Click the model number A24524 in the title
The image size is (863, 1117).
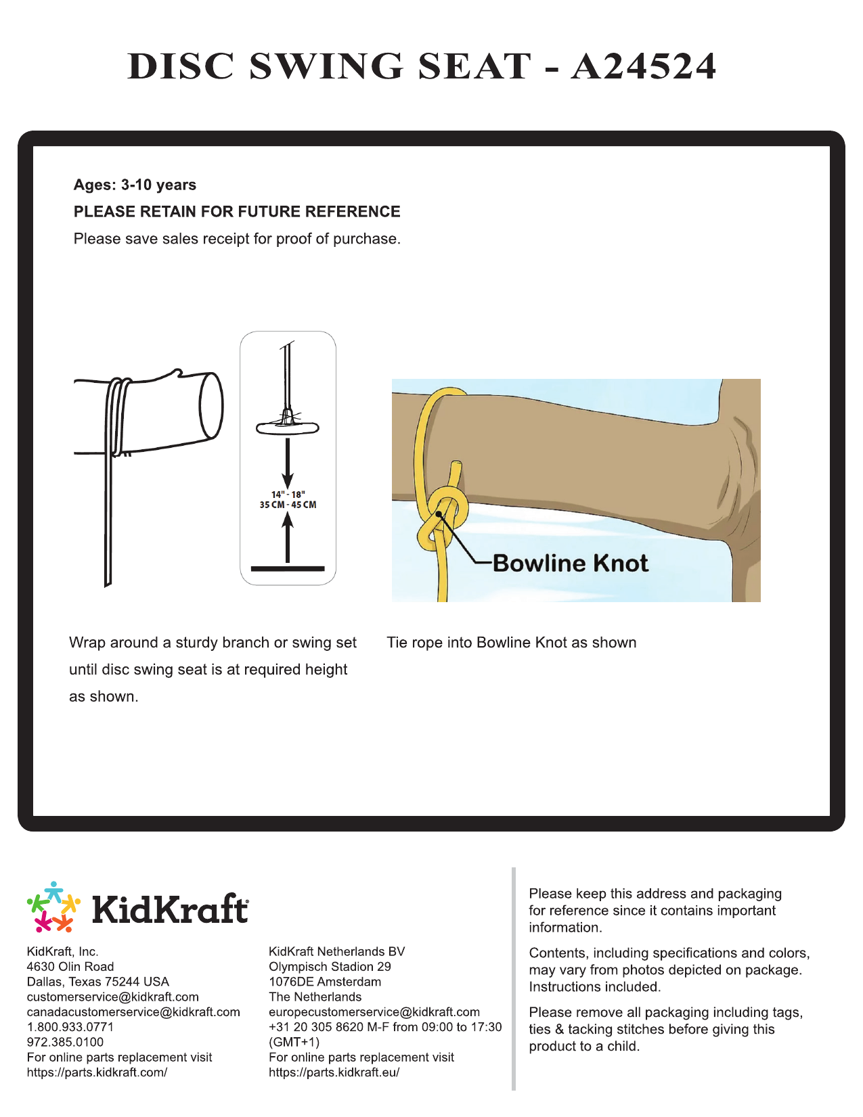tap(642, 66)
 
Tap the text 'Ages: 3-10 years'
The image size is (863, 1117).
tap(135, 185)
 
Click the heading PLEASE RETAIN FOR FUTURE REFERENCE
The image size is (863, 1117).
tap(237, 212)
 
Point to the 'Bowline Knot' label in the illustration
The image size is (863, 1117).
tap(570, 563)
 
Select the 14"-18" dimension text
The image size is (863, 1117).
tap(288, 495)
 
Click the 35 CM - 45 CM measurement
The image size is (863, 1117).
tap(288, 505)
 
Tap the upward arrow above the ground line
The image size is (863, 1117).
tap(288, 538)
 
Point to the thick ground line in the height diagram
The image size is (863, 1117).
tap(288, 569)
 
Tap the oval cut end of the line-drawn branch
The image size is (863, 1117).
tap(211, 405)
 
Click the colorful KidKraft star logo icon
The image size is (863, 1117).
tap(53, 907)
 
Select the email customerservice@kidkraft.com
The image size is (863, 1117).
tap(113, 997)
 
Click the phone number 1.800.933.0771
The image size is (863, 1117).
tap(70, 1027)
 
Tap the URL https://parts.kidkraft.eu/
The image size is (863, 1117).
tap(334, 1072)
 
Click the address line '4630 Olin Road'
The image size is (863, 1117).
tap(70, 967)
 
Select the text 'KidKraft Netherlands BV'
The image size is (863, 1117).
tap(336, 951)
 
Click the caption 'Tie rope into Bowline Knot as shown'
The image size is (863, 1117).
tap(511, 643)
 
